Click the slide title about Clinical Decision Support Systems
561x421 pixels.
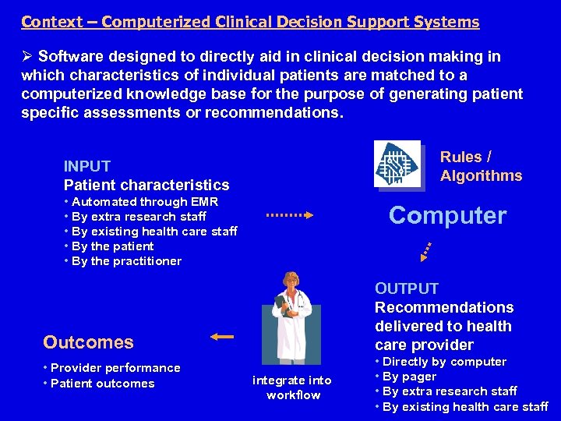[250, 22]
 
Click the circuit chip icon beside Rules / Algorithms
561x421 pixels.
[397, 165]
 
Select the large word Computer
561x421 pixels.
[447, 216]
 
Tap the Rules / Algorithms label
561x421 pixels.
[481, 166]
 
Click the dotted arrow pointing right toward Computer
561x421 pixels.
[289, 215]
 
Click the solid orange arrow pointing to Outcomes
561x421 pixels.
[222, 337]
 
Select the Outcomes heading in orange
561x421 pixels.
[88, 342]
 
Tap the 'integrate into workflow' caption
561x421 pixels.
[292, 387]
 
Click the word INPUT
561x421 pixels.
[87, 166]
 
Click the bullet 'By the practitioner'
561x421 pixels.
[125, 261]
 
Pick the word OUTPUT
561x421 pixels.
[407, 288]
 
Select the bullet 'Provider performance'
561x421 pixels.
[115, 368]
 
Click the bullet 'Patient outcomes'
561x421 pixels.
[102, 384]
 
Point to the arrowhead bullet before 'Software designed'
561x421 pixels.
[27, 57]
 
